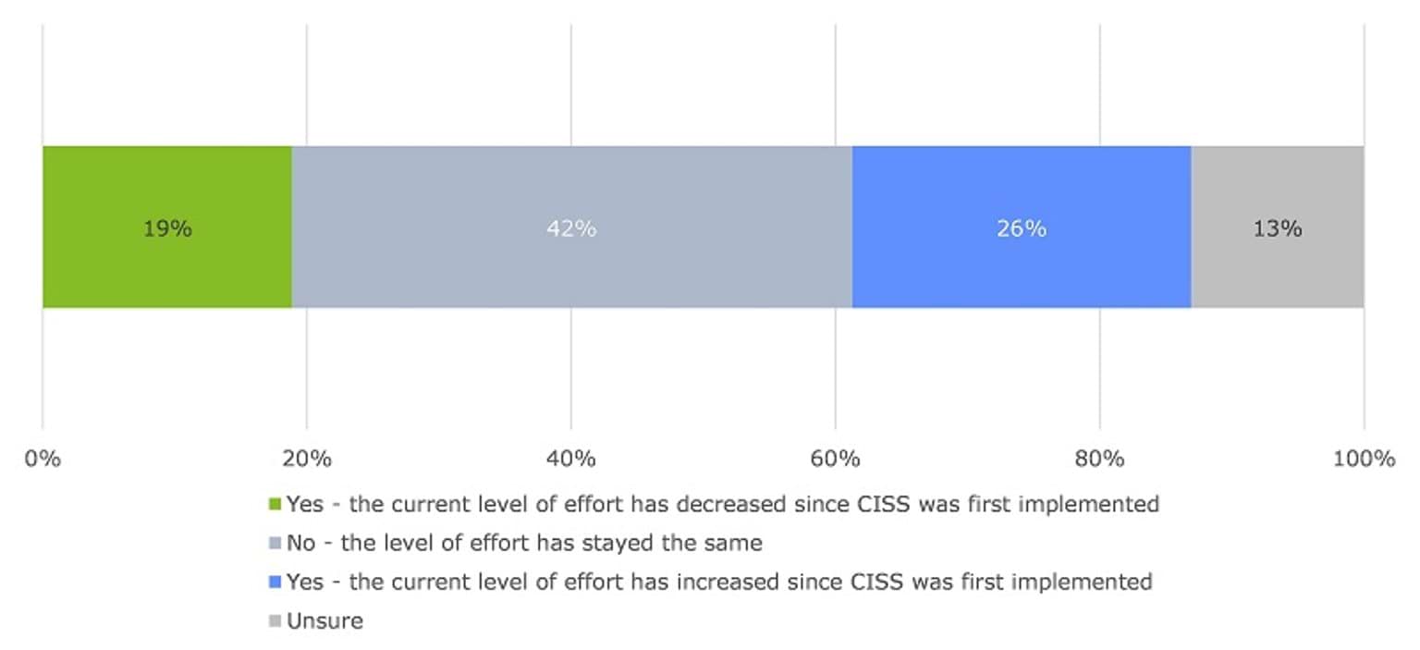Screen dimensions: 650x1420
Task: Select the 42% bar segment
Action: (x=571, y=185)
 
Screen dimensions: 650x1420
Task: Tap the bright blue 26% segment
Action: (x=1021, y=185)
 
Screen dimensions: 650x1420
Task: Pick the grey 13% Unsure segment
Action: (x=1278, y=185)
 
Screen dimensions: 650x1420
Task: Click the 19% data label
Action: (x=167, y=228)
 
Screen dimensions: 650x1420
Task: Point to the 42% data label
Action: (x=571, y=228)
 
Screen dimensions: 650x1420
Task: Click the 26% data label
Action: (x=1021, y=228)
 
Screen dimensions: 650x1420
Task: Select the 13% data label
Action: (x=1278, y=228)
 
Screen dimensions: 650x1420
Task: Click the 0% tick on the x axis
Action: (x=43, y=458)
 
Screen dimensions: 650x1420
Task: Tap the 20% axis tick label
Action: (x=307, y=458)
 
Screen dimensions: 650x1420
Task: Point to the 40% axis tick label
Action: (x=571, y=458)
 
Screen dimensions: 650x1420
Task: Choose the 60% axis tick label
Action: (x=836, y=458)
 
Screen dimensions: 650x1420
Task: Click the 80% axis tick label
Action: (x=1100, y=458)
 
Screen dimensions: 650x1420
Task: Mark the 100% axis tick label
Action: (x=1364, y=458)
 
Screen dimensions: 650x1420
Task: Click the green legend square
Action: (x=274, y=505)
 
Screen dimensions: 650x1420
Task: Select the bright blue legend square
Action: (x=274, y=583)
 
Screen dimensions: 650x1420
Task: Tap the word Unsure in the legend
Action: (x=324, y=620)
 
